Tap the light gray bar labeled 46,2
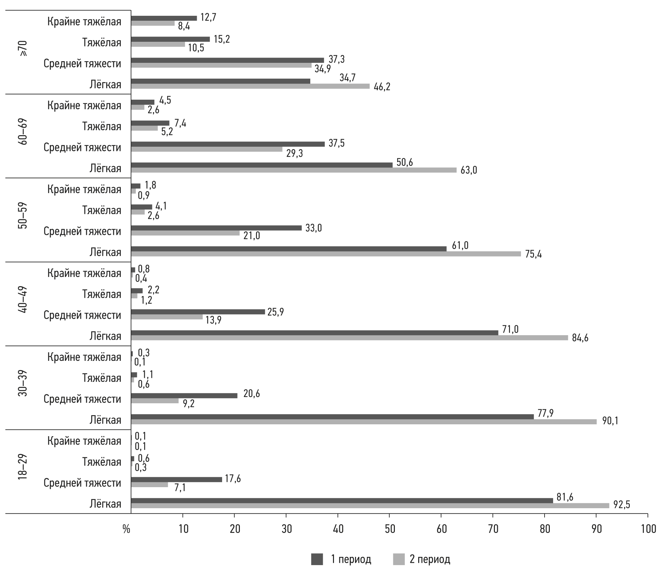click(x=250, y=86)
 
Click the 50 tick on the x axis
click(x=390, y=529)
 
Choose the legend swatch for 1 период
click(x=317, y=559)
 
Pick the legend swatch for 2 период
click(x=399, y=559)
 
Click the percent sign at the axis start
click(x=126, y=529)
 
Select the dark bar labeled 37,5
click(x=228, y=144)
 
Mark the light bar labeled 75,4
click(x=326, y=254)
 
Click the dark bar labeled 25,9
click(x=198, y=312)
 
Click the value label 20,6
click(x=251, y=394)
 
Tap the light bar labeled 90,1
click(x=364, y=422)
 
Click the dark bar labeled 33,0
click(x=216, y=228)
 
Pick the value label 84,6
click(x=580, y=338)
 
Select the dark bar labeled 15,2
click(x=170, y=39)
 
